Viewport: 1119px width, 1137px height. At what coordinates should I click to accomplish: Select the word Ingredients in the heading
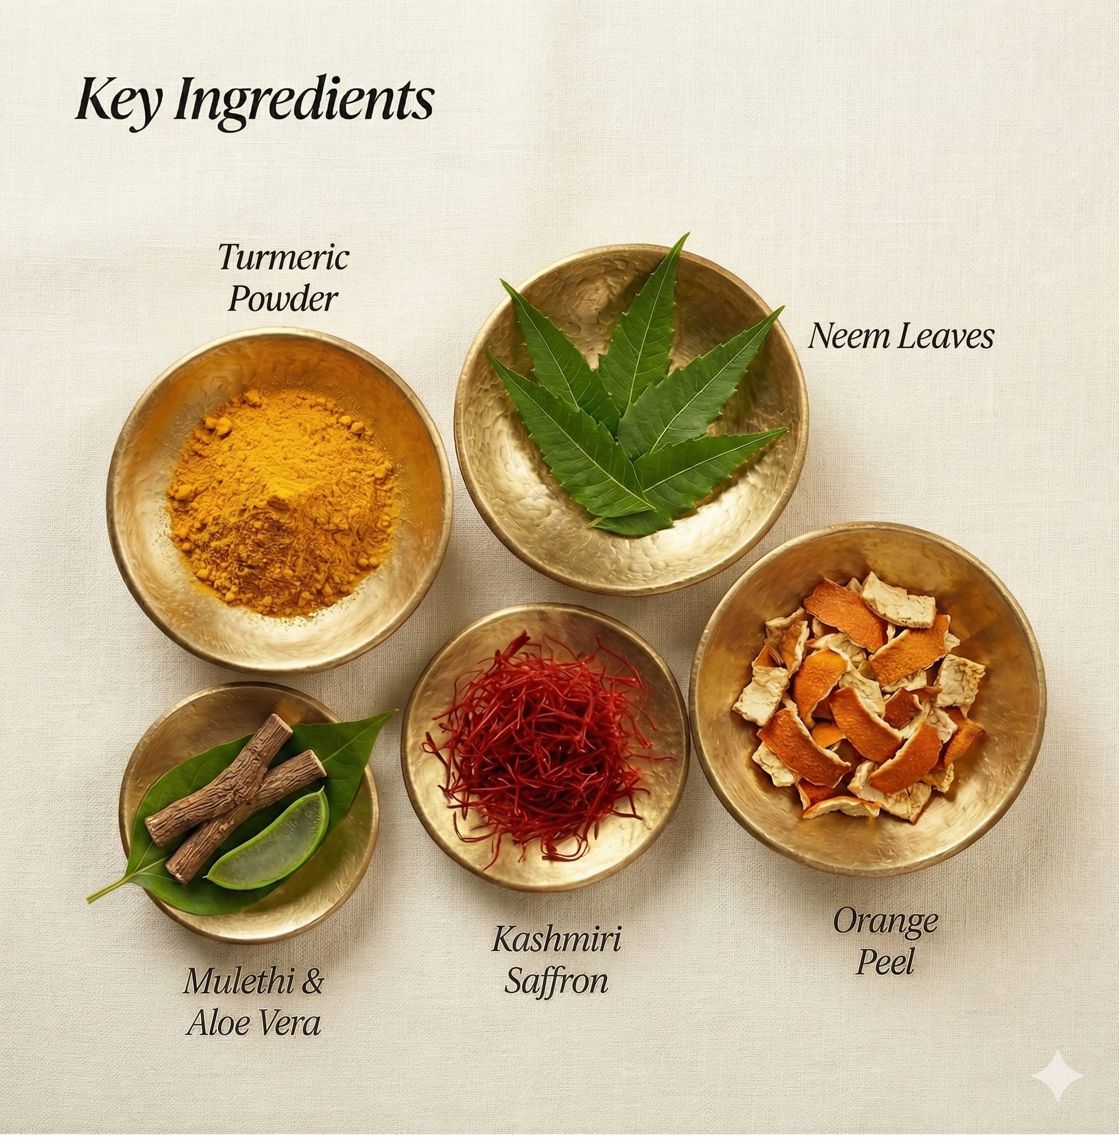point(304,100)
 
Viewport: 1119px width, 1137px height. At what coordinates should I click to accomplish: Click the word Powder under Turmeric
point(283,299)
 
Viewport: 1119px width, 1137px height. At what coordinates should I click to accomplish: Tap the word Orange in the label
point(885,922)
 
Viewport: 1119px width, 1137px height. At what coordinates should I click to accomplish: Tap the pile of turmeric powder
point(281,493)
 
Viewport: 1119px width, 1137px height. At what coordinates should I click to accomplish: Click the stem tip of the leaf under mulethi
point(89,902)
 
